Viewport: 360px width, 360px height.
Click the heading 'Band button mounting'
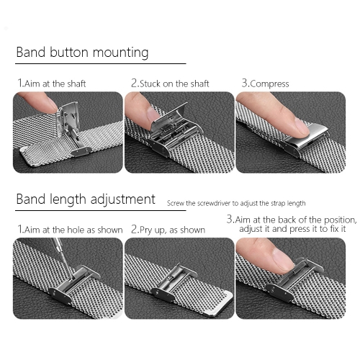point(82,53)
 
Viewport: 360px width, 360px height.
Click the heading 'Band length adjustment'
point(86,199)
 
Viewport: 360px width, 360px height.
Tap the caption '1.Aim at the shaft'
point(52,84)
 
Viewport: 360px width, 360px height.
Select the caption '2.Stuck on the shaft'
point(170,84)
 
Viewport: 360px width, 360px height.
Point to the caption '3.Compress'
point(265,84)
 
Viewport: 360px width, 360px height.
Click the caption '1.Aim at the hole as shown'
point(70,230)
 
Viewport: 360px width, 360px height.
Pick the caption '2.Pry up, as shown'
point(168,230)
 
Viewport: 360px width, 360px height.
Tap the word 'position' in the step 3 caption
point(340,220)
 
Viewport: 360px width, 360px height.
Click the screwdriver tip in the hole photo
point(72,278)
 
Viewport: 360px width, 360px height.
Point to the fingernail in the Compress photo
point(301,126)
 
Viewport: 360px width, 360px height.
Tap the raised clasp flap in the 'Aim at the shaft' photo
point(68,118)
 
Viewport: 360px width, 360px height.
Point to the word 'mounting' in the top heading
point(121,53)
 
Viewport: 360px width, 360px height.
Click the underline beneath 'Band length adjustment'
point(101,211)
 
